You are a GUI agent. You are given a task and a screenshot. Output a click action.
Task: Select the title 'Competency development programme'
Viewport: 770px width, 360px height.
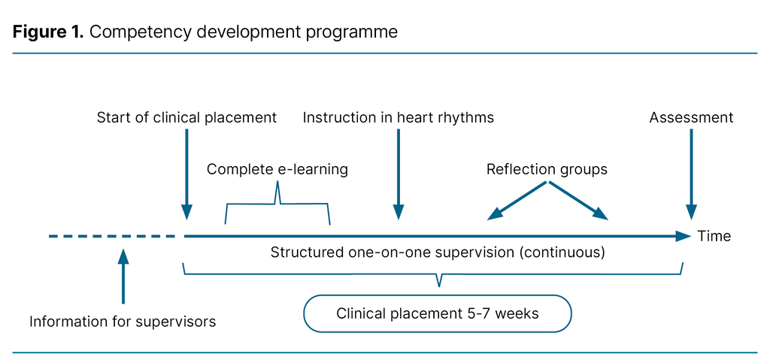(244, 32)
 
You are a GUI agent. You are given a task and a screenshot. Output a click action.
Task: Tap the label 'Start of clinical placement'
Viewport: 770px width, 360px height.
(186, 118)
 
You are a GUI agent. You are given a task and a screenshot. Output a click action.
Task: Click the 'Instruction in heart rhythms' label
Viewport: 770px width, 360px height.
(399, 118)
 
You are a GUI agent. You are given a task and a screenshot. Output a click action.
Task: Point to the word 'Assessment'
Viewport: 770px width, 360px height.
(691, 118)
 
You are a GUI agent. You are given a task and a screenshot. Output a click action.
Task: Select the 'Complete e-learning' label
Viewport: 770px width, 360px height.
(277, 169)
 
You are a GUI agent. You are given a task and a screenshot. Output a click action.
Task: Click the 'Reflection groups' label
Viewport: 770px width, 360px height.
(547, 169)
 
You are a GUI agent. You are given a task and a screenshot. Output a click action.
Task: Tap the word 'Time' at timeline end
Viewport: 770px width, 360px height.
(714, 236)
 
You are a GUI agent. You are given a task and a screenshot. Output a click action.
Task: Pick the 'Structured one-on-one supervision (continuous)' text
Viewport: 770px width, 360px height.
(438, 253)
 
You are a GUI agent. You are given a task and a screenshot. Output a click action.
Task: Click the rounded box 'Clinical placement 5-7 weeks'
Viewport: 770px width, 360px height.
(438, 313)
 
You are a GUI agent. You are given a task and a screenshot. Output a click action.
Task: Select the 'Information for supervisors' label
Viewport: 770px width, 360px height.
(123, 322)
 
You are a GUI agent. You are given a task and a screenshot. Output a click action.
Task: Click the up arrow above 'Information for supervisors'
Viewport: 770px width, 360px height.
(123, 274)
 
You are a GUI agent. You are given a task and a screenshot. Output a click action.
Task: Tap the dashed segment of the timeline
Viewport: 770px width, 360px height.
(113, 236)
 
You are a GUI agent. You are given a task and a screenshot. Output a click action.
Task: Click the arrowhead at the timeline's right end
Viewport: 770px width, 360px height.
(683, 236)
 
